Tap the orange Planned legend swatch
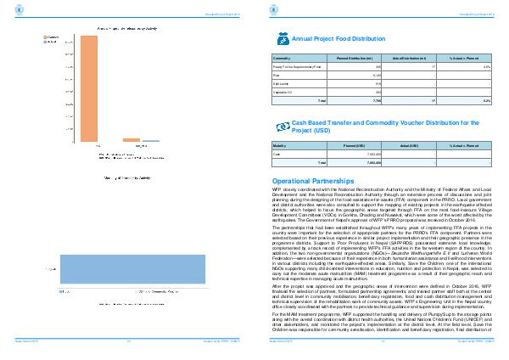29,37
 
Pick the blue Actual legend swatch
29,42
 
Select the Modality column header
282,146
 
